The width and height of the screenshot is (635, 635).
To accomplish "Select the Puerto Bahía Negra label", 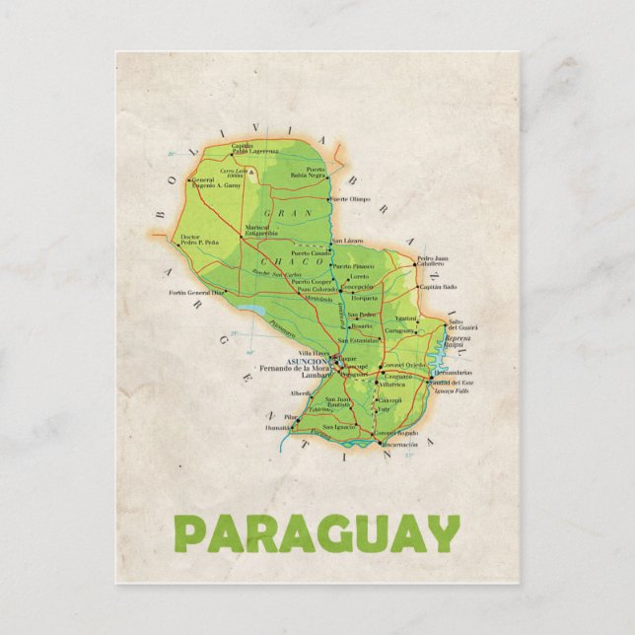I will click(x=316, y=172).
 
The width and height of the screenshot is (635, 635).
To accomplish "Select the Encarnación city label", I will click(x=399, y=445).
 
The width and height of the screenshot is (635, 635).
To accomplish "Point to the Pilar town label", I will click(x=263, y=417).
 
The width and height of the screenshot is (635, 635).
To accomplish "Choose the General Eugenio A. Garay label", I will click(x=217, y=182).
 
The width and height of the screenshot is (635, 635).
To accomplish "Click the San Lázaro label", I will click(x=347, y=242).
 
